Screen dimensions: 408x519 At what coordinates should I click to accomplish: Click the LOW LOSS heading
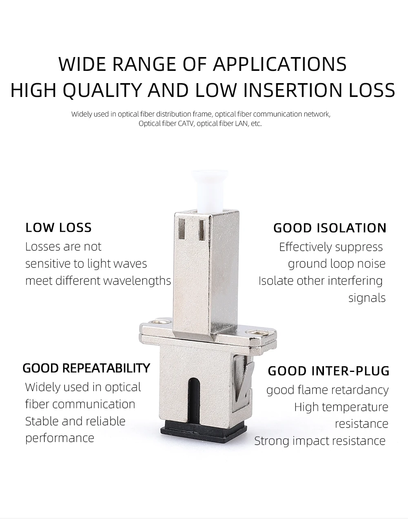click(59, 227)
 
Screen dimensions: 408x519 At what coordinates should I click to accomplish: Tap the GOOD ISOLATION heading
click(330, 228)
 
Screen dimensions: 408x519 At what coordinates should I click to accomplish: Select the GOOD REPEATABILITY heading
click(86, 368)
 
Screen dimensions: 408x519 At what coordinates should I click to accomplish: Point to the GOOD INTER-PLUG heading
click(328, 371)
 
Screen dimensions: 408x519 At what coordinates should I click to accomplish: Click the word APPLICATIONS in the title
click(279, 64)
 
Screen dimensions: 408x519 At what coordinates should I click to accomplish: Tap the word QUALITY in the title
click(102, 90)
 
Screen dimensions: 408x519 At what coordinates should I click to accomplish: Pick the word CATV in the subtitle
click(186, 123)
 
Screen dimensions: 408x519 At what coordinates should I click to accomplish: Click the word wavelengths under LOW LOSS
click(137, 280)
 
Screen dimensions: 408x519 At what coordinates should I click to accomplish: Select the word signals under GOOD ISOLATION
click(367, 298)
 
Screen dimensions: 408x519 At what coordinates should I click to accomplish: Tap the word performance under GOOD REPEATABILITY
click(60, 438)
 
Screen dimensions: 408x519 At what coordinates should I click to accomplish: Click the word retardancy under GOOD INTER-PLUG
click(360, 390)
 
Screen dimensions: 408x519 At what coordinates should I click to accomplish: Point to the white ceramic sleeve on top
click(209, 191)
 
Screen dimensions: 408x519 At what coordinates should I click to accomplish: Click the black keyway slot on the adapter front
click(194, 402)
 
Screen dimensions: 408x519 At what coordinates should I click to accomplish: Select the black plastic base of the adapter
click(204, 431)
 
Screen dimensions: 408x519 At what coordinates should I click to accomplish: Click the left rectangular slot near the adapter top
click(182, 229)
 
